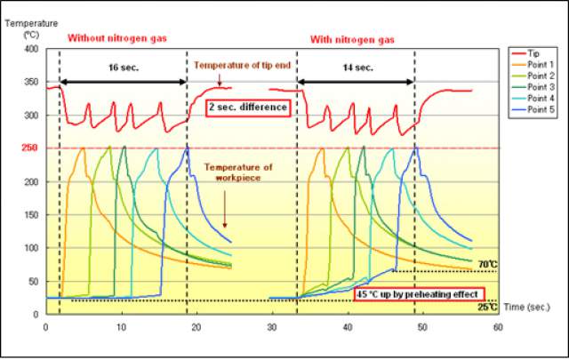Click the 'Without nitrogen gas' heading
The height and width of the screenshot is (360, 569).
click(x=117, y=38)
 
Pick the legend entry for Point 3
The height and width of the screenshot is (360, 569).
click(x=540, y=86)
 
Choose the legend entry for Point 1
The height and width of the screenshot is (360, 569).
click(x=540, y=65)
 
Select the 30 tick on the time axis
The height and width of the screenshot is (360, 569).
click(x=271, y=327)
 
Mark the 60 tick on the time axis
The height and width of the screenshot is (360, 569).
click(x=497, y=327)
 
